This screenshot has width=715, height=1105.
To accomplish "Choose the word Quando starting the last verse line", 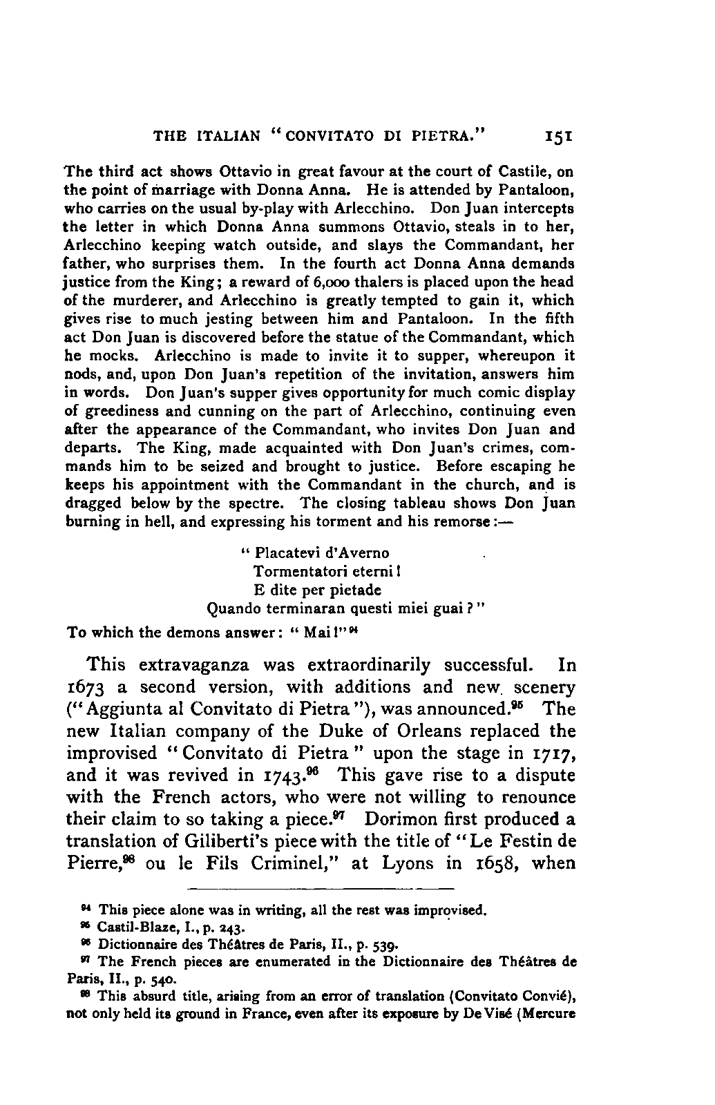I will tap(233, 609).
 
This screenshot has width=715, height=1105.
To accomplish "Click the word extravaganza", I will tap(198, 666).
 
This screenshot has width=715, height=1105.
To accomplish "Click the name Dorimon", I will tap(408, 819).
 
